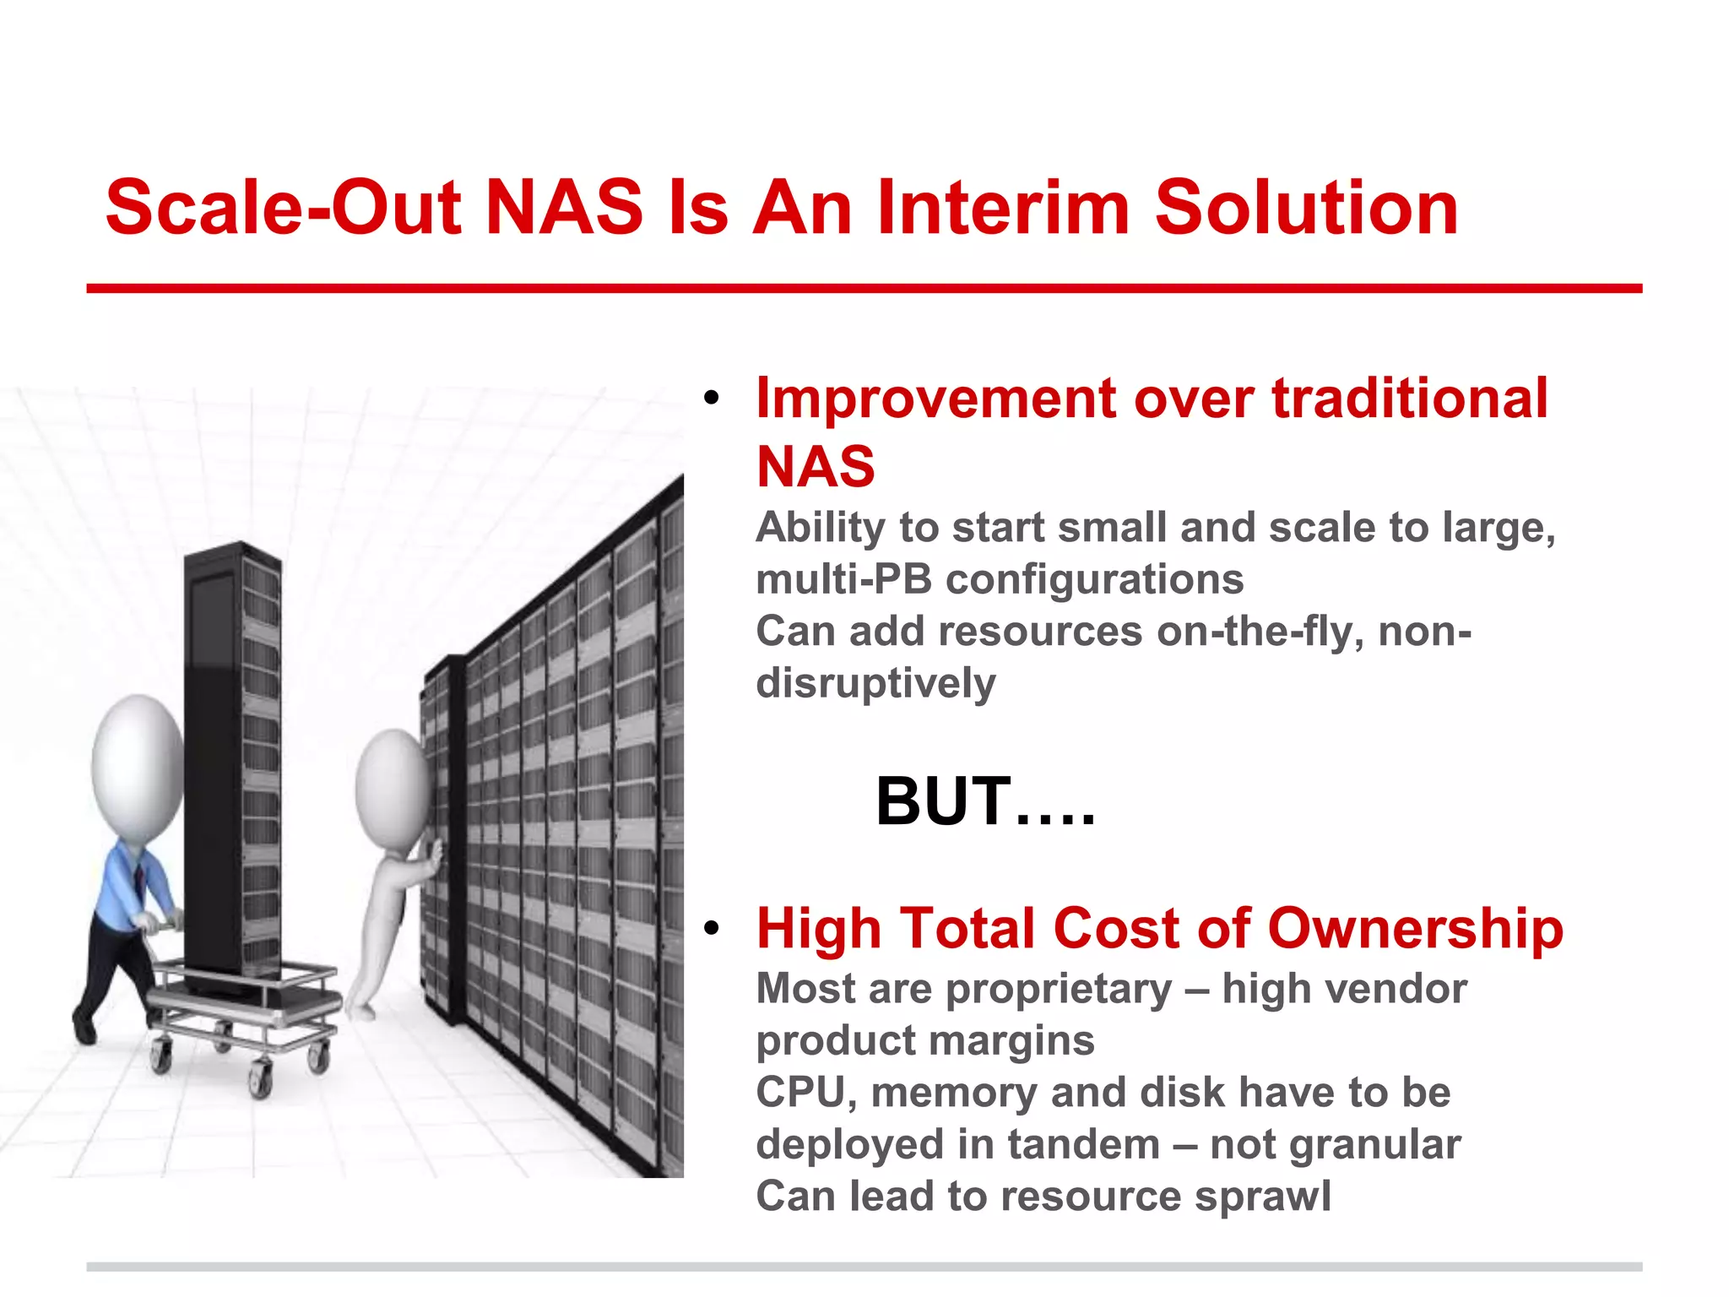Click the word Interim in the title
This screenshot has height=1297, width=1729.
1003,208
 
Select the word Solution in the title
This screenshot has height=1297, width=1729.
1306,208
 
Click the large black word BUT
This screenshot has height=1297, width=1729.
943,802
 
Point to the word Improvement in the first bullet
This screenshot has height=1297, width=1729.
935,399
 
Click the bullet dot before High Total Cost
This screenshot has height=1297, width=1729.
712,929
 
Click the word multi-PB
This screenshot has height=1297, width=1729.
843,580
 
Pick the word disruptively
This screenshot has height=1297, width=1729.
875,683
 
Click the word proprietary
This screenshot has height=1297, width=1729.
1059,990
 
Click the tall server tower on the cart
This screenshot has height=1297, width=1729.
232,760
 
